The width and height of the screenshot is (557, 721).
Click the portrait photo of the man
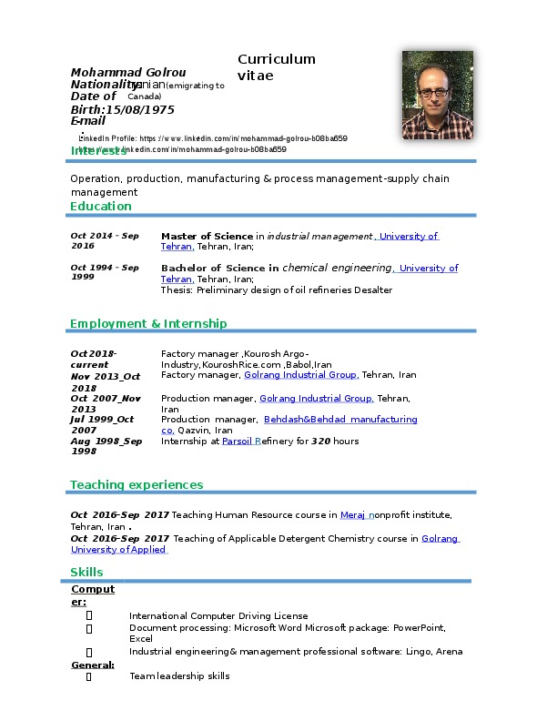click(x=437, y=88)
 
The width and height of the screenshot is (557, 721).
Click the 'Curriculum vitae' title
click(x=276, y=67)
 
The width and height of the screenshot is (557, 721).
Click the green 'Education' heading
click(x=101, y=206)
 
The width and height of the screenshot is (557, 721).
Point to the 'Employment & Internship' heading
click(x=148, y=323)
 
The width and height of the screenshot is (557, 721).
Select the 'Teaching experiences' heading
click(x=137, y=484)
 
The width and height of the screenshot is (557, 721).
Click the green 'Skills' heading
click(x=86, y=572)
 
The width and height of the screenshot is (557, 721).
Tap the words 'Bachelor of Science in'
click(x=219, y=269)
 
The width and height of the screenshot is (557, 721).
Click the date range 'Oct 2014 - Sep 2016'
click(x=104, y=240)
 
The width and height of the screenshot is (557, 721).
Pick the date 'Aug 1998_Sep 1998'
click(x=106, y=445)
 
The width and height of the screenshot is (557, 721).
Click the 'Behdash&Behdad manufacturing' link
click(x=339, y=419)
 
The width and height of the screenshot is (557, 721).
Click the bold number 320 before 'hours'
click(x=319, y=441)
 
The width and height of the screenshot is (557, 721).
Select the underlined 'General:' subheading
click(x=92, y=665)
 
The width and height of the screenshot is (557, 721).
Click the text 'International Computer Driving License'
click(x=218, y=616)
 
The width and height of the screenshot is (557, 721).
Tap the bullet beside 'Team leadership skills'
click(x=88, y=676)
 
